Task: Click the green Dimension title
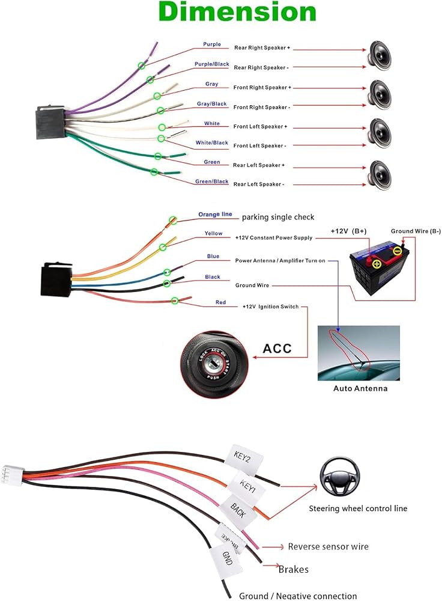pos(237,11)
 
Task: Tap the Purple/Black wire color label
pos(212,64)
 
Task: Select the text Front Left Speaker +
pos(260,126)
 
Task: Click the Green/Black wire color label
pos(212,182)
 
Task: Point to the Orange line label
pos(215,215)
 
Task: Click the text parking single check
pos(277,217)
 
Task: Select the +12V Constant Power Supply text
pos(274,237)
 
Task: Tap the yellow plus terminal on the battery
pos(377,264)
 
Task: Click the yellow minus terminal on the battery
pos(398,251)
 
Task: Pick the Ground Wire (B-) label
pos(416,231)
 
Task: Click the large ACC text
pos(277,349)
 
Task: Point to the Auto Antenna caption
pos(360,388)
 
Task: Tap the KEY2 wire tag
pos(244,458)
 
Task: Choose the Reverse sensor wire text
pos(328,546)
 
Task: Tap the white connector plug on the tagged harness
pos(12,475)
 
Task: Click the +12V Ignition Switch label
pos(270,307)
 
